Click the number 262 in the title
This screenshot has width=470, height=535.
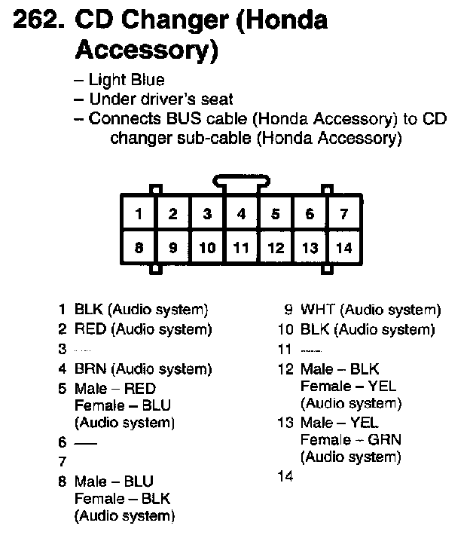38,20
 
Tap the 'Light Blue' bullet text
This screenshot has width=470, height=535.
127,80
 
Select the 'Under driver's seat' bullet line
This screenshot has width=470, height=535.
160,99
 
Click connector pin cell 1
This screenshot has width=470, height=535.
139,214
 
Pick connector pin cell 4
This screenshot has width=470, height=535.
241,214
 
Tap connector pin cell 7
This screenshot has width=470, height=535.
344,214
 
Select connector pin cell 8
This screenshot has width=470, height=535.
139,247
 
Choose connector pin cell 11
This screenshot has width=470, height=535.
241,247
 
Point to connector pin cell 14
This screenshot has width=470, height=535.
344,247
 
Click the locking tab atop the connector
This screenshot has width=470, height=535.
241,182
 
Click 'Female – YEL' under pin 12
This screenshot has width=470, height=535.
347,386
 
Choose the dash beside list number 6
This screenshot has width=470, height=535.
86,443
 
